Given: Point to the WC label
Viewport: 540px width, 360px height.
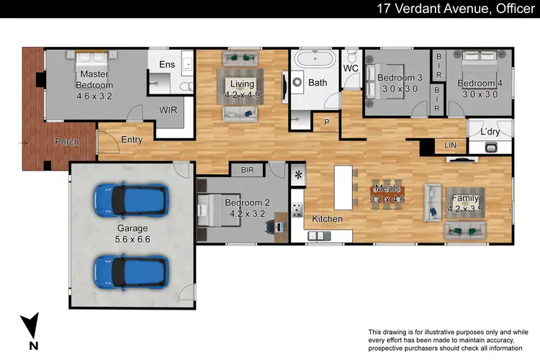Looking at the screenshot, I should point(351,68).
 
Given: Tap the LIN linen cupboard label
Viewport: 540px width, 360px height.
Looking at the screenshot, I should point(451,145).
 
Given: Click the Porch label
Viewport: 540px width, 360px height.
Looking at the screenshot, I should point(67,142).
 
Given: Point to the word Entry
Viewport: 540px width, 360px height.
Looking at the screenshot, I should point(132,140).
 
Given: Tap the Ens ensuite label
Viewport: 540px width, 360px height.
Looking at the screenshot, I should point(166,64).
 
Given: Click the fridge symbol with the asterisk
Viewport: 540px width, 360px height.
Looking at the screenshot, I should point(298,175).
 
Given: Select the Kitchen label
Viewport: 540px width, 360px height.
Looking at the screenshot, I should point(327,218).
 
